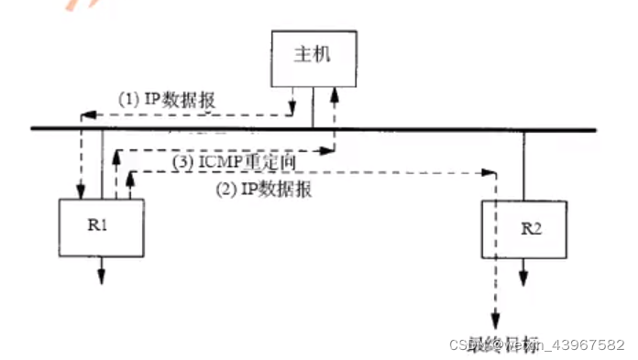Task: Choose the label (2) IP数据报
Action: click(x=263, y=191)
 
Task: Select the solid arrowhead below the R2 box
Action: click(x=524, y=276)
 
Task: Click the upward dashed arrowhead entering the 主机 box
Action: click(x=334, y=93)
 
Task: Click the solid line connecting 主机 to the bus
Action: click(x=313, y=108)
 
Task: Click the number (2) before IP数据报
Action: click(x=223, y=191)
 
